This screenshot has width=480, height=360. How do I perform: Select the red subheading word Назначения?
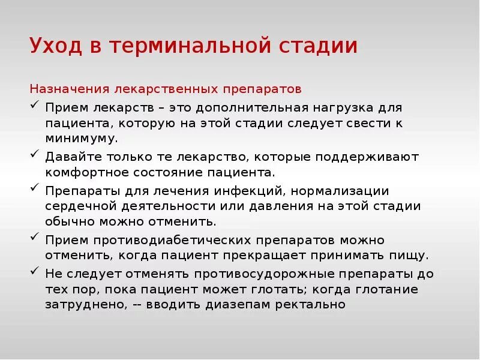click(x=68, y=89)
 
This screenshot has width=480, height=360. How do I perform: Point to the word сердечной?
click(x=82, y=206)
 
